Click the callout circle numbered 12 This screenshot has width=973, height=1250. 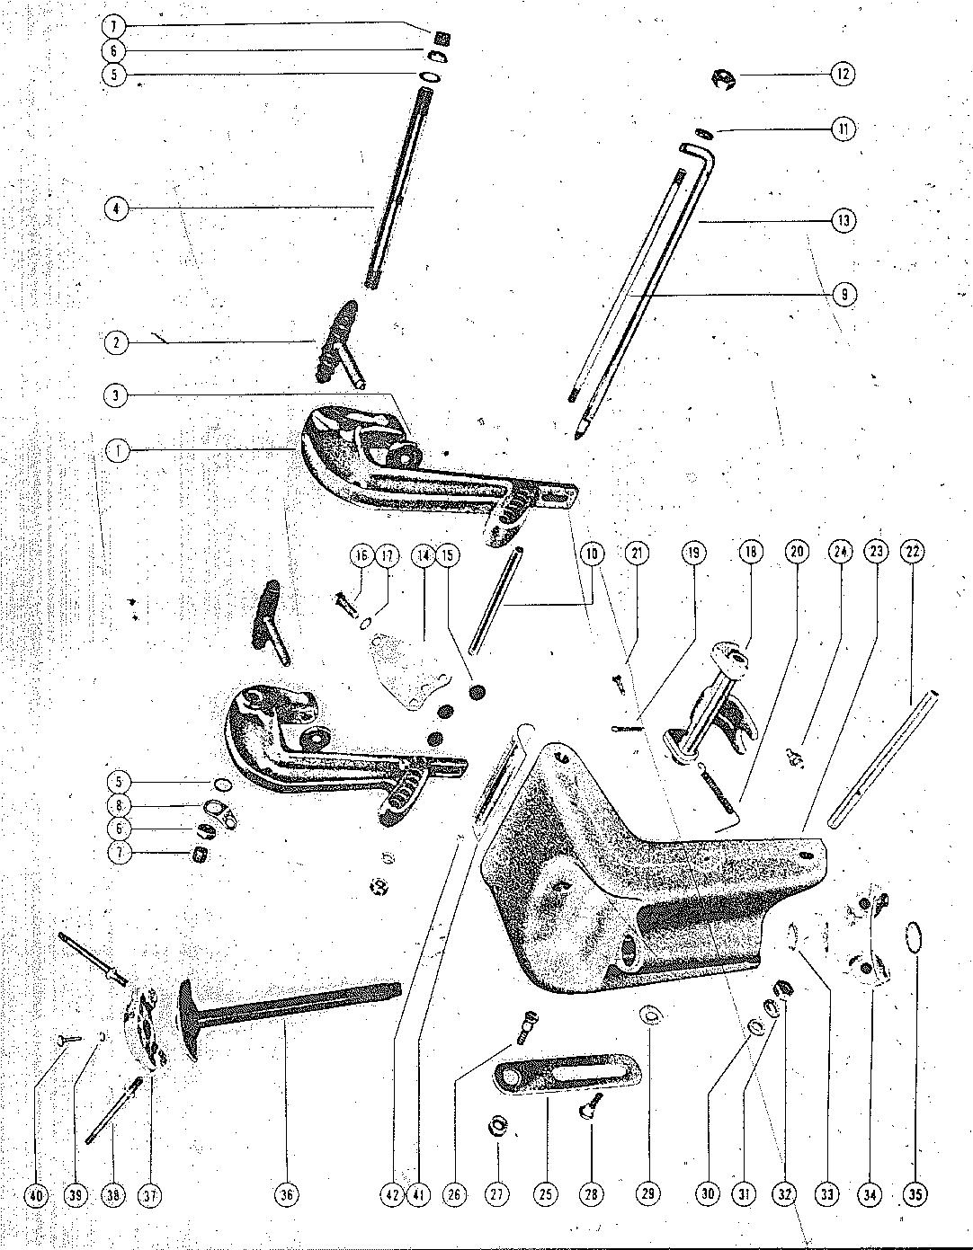coord(842,74)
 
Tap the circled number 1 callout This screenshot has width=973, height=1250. coord(117,450)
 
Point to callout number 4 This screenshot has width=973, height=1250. coord(117,209)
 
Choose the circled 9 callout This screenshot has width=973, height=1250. coord(843,294)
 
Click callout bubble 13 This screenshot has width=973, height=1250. coord(843,219)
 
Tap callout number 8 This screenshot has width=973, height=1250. coord(117,805)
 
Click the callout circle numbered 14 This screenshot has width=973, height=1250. coord(423,554)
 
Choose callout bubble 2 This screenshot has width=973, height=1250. coord(117,342)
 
